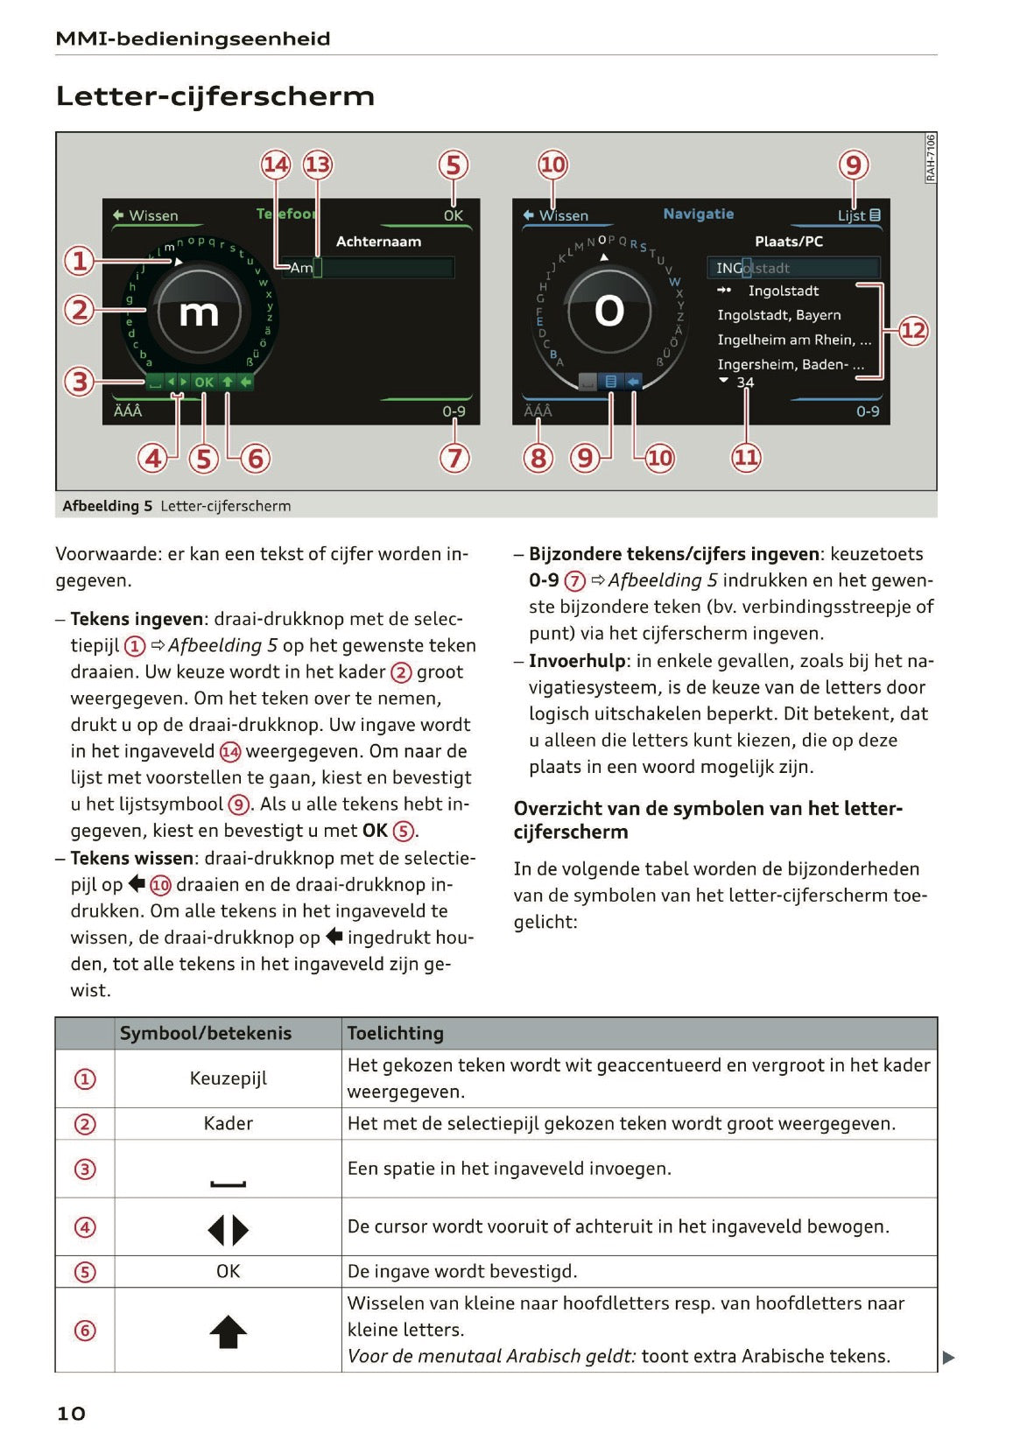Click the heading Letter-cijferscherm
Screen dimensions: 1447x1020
[215, 95]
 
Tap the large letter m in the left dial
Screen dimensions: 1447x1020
[199, 313]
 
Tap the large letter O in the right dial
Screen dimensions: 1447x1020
[608, 311]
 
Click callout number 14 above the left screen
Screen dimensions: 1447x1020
[276, 165]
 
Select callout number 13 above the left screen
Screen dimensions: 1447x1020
[317, 165]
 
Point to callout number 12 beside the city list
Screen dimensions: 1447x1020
[913, 331]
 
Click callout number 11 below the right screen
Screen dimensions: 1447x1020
[746, 457]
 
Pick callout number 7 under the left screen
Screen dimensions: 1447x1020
[454, 457]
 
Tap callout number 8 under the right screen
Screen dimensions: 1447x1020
[538, 457]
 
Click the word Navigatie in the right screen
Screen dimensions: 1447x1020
[698, 214]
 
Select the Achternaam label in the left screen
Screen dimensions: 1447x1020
[378, 242]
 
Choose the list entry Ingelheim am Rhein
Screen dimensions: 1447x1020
[792, 340]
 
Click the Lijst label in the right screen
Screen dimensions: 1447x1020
[852, 215]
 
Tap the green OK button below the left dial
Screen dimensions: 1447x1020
[204, 383]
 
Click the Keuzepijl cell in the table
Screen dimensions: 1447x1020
[228, 1078]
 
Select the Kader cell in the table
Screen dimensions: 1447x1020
[228, 1123]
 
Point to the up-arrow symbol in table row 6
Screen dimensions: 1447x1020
[228, 1332]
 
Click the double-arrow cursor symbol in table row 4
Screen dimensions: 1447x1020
[228, 1230]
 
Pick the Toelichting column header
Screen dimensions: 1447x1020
[395, 1033]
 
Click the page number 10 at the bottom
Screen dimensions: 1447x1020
[71, 1413]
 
